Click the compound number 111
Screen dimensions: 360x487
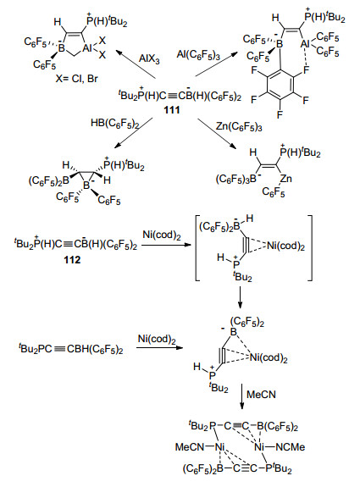(172, 110)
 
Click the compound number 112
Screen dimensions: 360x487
(72, 259)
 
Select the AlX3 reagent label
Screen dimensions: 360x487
(149, 58)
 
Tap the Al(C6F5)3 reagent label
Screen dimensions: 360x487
(198, 55)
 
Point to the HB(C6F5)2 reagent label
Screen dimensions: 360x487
(114, 124)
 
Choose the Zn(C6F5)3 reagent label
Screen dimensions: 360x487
(239, 127)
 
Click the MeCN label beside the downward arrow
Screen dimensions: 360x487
(261, 395)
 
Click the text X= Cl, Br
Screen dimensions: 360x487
(77, 79)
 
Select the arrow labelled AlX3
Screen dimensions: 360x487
(136, 64)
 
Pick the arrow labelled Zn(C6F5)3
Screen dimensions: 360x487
(216, 134)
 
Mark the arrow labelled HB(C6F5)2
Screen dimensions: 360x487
(133, 133)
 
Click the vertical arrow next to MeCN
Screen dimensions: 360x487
(242, 397)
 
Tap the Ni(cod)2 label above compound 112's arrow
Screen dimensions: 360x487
(162, 235)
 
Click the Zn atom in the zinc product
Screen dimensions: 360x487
(285, 179)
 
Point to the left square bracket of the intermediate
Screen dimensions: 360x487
(197, 247)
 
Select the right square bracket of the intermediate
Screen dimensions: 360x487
(309, 247)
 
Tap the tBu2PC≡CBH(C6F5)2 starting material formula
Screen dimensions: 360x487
(71, 349)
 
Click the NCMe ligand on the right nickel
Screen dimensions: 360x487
(291, 447)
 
